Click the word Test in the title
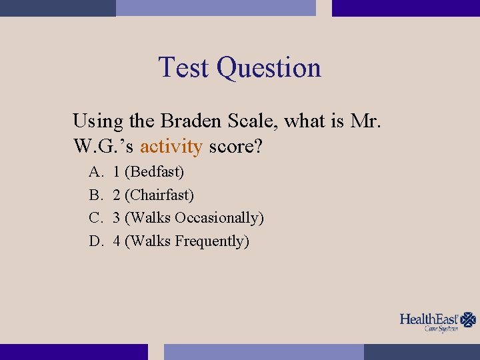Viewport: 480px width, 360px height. click(x=185, y=68)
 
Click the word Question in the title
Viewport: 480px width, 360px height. click(x=269, y=68)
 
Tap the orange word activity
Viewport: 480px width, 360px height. click(x=171, y=146)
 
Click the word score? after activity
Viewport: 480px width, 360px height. click(x=235, y=146)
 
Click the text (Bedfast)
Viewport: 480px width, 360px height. click(x=155, y=172)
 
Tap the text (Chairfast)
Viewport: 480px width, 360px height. click(x=159, y=195)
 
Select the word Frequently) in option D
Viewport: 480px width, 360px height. click(x=212, y=241)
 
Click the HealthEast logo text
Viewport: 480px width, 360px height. click(x=429, y=319)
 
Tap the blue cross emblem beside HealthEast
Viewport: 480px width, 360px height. click(x=469, y=320)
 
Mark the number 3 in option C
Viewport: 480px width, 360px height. click(x=117, y=218)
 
